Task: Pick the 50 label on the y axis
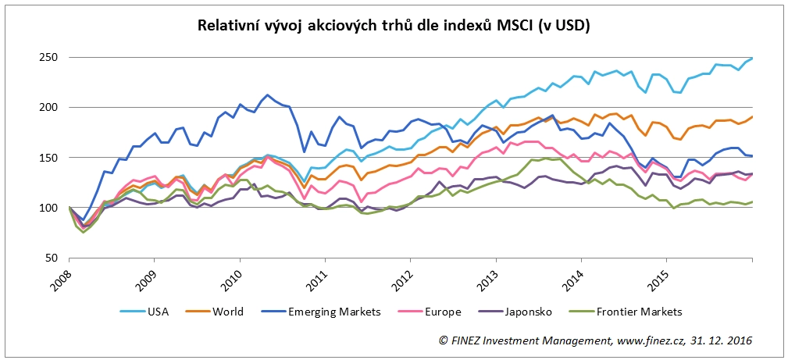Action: click(51, 258)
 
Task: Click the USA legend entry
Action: click(156, 312)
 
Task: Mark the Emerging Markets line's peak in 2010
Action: click(268, 94)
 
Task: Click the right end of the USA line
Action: click(751, 58)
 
